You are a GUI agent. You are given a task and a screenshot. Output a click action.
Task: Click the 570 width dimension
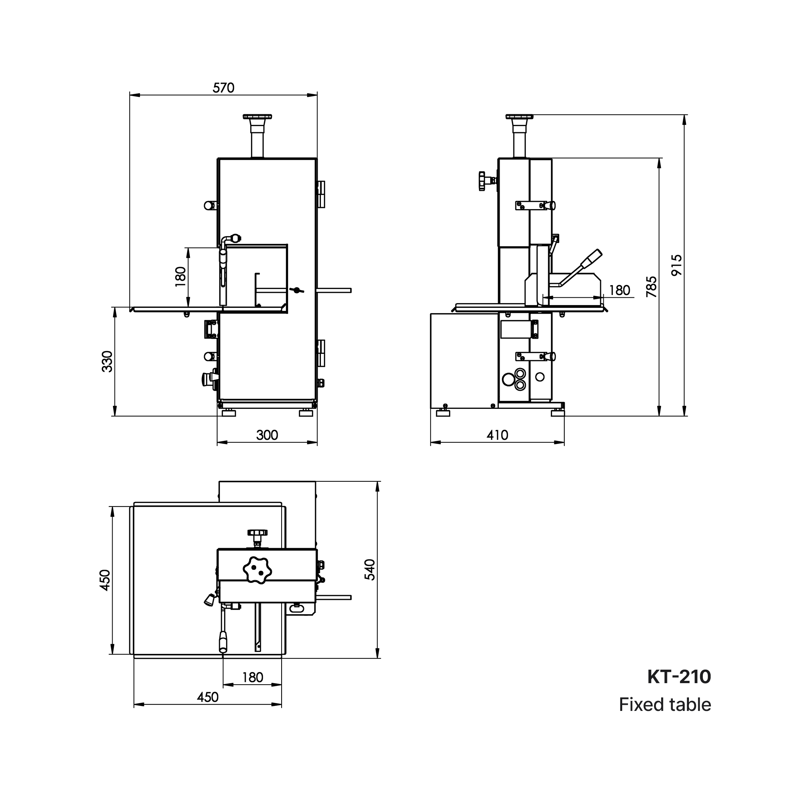223,88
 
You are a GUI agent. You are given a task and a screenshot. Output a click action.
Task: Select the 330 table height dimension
107,361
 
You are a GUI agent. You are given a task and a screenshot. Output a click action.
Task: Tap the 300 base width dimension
267,435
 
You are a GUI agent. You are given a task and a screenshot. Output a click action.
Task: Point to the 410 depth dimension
497,435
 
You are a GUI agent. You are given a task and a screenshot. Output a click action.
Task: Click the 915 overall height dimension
677,265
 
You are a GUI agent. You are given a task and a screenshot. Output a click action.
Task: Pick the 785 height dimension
652,287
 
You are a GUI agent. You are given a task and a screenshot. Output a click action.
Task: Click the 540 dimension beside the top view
370,570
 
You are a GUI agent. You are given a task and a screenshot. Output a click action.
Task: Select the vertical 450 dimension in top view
105,580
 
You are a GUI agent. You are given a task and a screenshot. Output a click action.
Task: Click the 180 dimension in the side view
620,290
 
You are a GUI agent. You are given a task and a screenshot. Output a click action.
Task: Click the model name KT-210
679,677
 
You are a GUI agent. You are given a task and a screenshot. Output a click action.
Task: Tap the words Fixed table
665,705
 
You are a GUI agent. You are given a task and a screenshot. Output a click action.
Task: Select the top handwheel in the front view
257,117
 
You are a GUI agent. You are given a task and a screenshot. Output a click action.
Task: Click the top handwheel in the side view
519,117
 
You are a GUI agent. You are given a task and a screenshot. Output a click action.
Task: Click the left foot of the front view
229,413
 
